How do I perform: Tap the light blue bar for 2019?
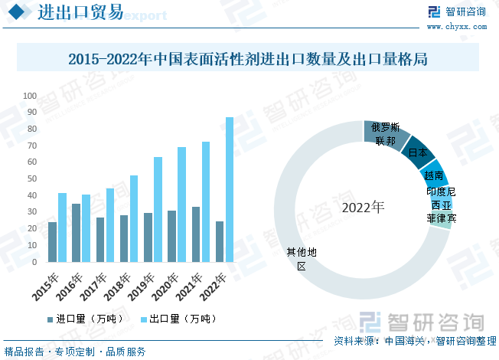tap(158, 209)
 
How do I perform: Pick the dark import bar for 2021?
tap(197, 234)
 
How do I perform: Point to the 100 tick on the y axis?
tap(30, 96)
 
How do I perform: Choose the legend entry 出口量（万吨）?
tap(179, 318)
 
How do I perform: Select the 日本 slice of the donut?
tap(418, 152)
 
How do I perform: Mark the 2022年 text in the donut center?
tap(364, 208)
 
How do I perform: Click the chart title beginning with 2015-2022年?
tap(246, 59)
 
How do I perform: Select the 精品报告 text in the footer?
tap(24, 352)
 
